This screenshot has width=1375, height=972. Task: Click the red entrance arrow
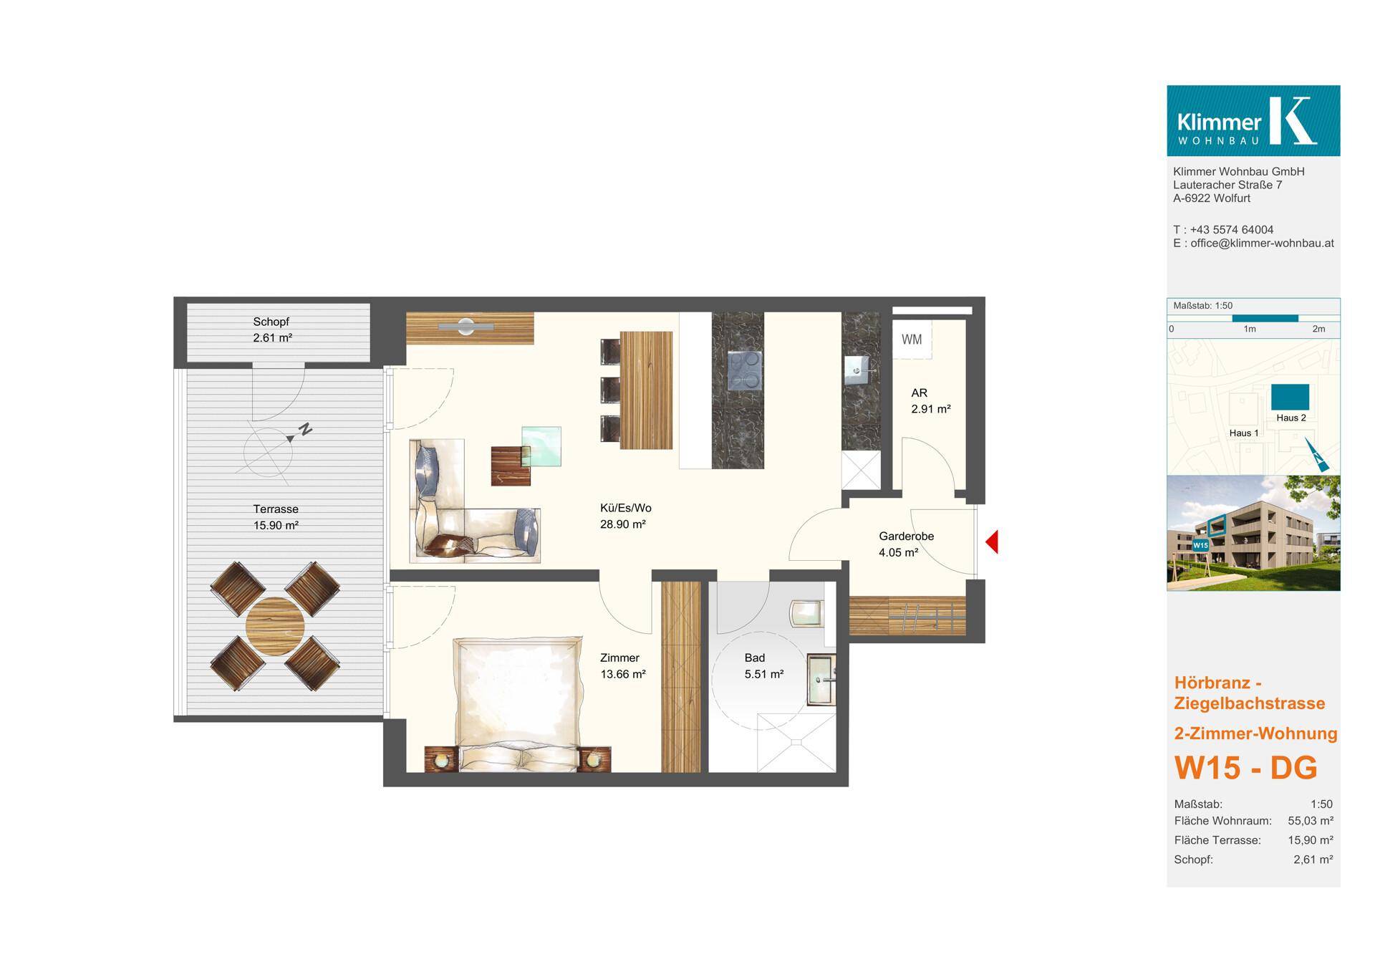[992, 542]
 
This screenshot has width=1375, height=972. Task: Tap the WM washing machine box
[912, 339]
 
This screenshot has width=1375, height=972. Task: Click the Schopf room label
[271, 322]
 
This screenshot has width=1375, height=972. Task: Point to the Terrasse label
[276, 509]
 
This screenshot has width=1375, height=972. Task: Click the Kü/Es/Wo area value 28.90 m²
[623, 524]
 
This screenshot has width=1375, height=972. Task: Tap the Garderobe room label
[906, 536]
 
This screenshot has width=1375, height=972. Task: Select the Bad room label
[755, 658]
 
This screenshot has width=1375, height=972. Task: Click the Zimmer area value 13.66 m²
[623, 674]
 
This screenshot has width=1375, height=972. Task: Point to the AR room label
[919, 393]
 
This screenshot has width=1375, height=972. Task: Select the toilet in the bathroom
[806, 613]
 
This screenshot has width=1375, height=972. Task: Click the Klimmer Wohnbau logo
[1253, 120]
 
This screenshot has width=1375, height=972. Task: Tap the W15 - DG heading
[1245, 768]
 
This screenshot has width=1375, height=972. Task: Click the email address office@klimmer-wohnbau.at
[1262, 243]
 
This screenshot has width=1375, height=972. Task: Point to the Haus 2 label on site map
[1291, 418]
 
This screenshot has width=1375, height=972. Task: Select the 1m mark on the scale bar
[1250, 329]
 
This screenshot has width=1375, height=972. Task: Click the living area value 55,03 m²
[1311, 821]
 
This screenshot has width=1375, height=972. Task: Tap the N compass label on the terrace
[306, 430]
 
